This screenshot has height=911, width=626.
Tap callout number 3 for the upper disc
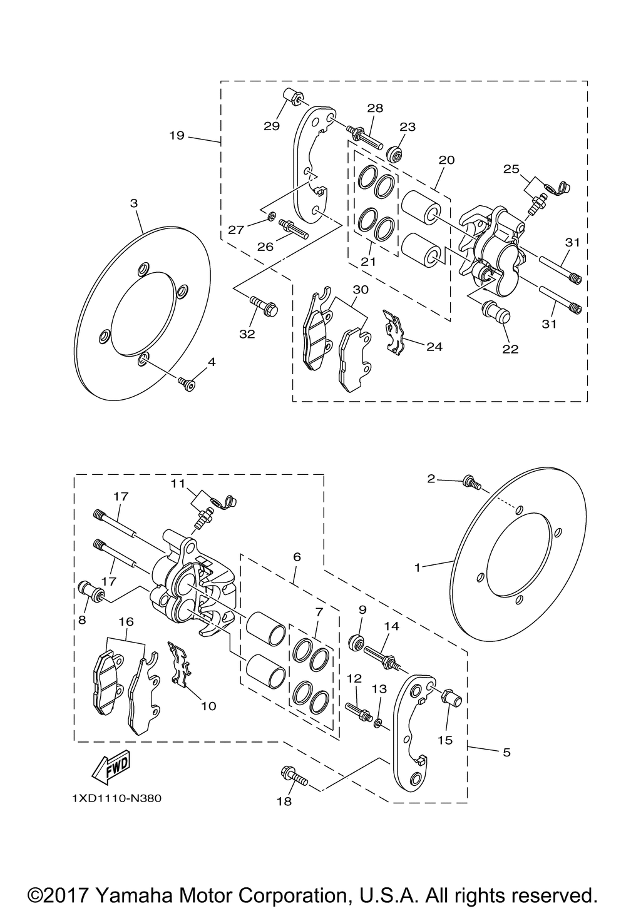[x=134, y=203]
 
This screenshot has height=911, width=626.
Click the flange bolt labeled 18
[x=292, y=776]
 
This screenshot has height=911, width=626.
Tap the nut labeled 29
[x=292, y=98]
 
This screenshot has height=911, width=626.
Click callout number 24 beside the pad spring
[x=434, y=345]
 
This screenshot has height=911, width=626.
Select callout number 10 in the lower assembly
[x=208, y=706]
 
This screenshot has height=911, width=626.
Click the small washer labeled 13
[x=378, y=724]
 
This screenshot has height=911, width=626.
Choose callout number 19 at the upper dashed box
[x=177, y=135]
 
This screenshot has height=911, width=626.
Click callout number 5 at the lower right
[x=506, y=752]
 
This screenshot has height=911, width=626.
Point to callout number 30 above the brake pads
[x=360, y=290]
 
